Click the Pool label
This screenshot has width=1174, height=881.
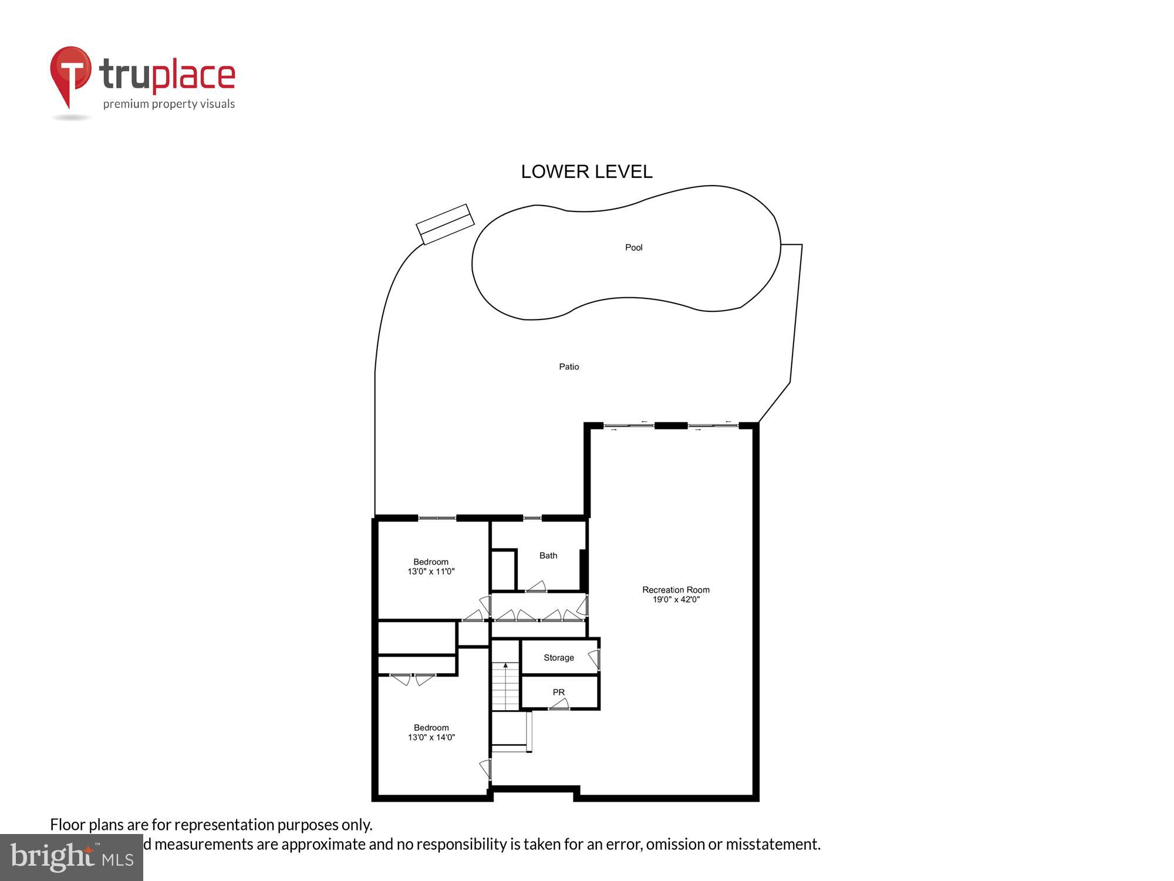pos(633,248)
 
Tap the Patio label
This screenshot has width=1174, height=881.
pos(569,367)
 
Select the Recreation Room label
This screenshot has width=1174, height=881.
pos(676,590)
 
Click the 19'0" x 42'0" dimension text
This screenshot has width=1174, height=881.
pos(676,600)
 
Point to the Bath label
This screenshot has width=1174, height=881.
pos(548,556)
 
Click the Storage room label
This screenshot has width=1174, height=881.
pos(558,658)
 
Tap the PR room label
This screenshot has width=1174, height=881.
pos(558,692)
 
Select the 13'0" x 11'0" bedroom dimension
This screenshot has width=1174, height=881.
pos(431,571)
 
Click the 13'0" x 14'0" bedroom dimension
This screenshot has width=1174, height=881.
pos(431,738)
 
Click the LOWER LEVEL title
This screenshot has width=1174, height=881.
pos(586,172)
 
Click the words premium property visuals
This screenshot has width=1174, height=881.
pos(169,105)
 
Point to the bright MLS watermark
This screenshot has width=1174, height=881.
pos(72,858)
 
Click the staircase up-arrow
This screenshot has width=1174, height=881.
pos(505,666)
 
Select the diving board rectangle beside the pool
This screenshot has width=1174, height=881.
pos(445,224)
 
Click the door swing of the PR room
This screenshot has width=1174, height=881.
pos(559,704)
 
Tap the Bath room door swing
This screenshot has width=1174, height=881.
pos(537,586)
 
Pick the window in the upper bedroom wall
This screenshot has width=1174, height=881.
pos(437,517)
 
